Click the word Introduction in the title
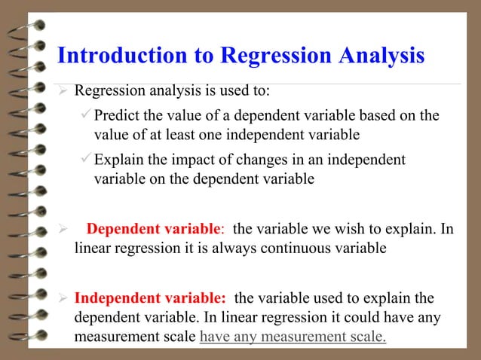point(109,56)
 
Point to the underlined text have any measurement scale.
point(293,336)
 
